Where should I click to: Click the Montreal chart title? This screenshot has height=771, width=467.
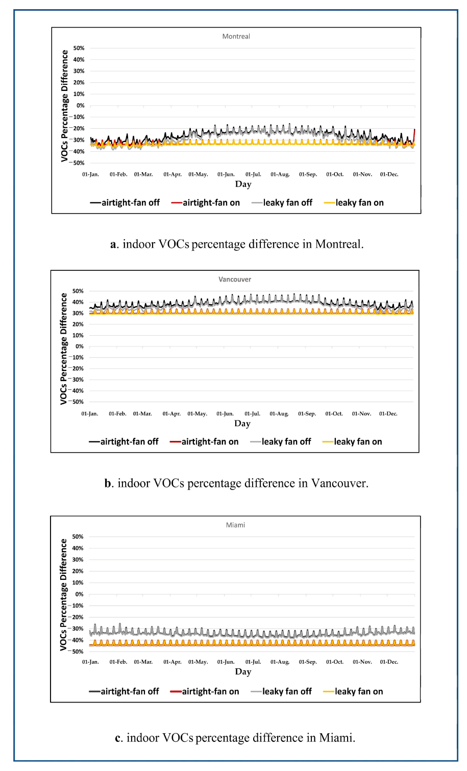click(236, 36)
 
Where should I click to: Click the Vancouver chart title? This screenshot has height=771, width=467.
click(235, 279)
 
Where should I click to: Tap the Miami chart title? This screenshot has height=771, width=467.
click(235, 525)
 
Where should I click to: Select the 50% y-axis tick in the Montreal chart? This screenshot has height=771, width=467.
click(79, 48)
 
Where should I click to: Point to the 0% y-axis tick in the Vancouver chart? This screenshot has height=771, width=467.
click(80, 346)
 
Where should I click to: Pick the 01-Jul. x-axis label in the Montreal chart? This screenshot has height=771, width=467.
click(253, 174)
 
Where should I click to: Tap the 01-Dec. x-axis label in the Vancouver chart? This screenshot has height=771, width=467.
click(388, 413)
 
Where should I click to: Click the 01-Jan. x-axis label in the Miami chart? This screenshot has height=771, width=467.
click(90, 662)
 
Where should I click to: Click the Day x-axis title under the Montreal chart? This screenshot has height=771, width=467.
click(243, 184)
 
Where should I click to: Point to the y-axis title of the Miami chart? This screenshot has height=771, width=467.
click(63, 595)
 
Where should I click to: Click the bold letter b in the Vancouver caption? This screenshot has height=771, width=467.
click(108, 483)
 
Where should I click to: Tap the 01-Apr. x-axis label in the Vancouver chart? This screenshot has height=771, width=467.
click(171, 413)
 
